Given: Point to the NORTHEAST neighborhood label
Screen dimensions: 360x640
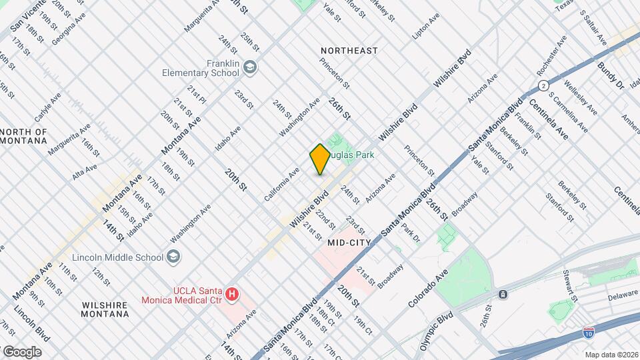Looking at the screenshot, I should (x=349, y=51).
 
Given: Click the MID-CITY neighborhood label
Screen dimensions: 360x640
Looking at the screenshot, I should (x=349, y=243).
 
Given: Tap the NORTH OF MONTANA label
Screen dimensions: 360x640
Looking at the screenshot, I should (x=24, y=136).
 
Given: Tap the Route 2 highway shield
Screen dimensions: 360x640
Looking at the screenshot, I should (x=544, y=85).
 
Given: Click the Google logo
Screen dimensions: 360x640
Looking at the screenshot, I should (x=21, y=351).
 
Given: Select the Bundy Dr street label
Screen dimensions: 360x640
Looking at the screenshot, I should (x=611, y=75).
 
